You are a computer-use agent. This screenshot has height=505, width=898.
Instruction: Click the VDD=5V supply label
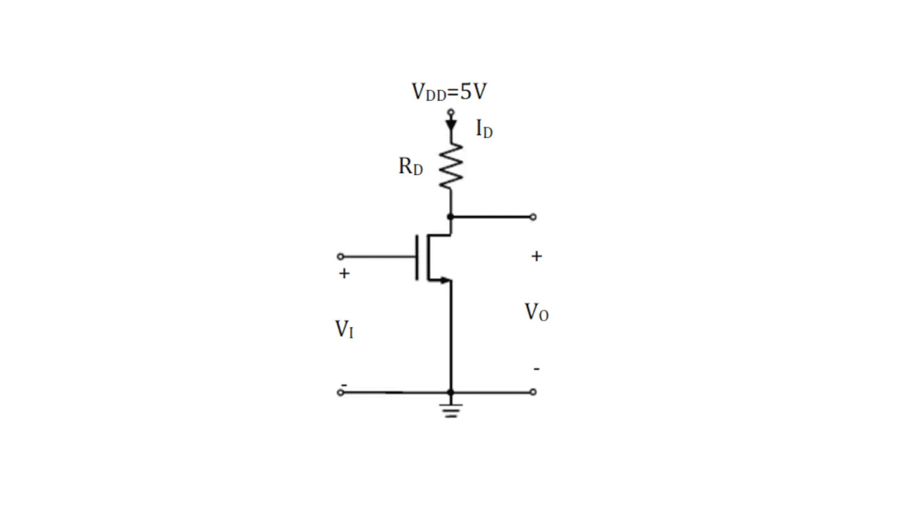(449, 92)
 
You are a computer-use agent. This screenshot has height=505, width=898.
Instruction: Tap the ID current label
(483, 129)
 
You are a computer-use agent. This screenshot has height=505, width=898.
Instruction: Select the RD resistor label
(410, 167)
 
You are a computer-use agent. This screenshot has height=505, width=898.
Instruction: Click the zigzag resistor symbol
(451, 167)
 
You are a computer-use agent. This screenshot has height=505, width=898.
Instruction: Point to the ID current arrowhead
(451, 125)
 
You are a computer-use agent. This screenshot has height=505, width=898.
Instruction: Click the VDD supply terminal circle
(451, 112)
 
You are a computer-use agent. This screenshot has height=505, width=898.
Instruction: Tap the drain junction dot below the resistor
(450, 217)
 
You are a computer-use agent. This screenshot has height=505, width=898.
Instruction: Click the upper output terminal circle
(533, 217)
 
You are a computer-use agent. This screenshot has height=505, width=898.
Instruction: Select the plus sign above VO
(536, 256)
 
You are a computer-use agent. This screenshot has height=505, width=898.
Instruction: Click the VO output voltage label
(536, 312)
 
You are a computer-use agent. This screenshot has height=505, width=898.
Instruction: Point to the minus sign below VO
(536, 369)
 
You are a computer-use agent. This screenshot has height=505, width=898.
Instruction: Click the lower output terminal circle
(533, 392)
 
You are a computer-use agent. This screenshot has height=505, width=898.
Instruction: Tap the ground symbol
(451, 410)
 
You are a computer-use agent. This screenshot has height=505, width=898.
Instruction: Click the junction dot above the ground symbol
(450, 392)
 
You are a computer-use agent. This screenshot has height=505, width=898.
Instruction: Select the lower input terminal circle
(340, 392)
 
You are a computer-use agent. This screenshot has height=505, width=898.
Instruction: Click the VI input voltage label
(344, 329)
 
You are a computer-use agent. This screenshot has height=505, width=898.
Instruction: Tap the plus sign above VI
(344, 273)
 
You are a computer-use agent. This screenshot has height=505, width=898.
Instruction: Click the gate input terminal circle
(340, 256)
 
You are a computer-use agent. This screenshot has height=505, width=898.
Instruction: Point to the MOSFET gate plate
(417, 257)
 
